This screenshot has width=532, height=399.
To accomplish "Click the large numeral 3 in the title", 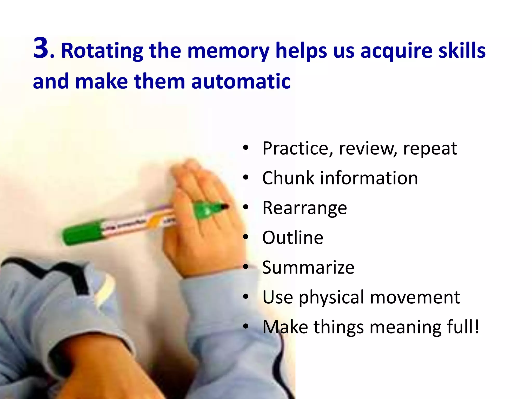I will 41,48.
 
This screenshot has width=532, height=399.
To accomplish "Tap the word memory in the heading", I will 229,51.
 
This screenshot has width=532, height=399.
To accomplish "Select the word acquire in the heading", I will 396,51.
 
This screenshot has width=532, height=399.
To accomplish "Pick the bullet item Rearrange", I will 304,208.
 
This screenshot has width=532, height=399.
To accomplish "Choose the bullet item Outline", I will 293,238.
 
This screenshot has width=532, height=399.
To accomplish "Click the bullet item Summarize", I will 308,268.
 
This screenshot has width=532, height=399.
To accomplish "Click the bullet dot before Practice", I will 245,148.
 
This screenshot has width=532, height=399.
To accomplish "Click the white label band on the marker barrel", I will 130,224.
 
